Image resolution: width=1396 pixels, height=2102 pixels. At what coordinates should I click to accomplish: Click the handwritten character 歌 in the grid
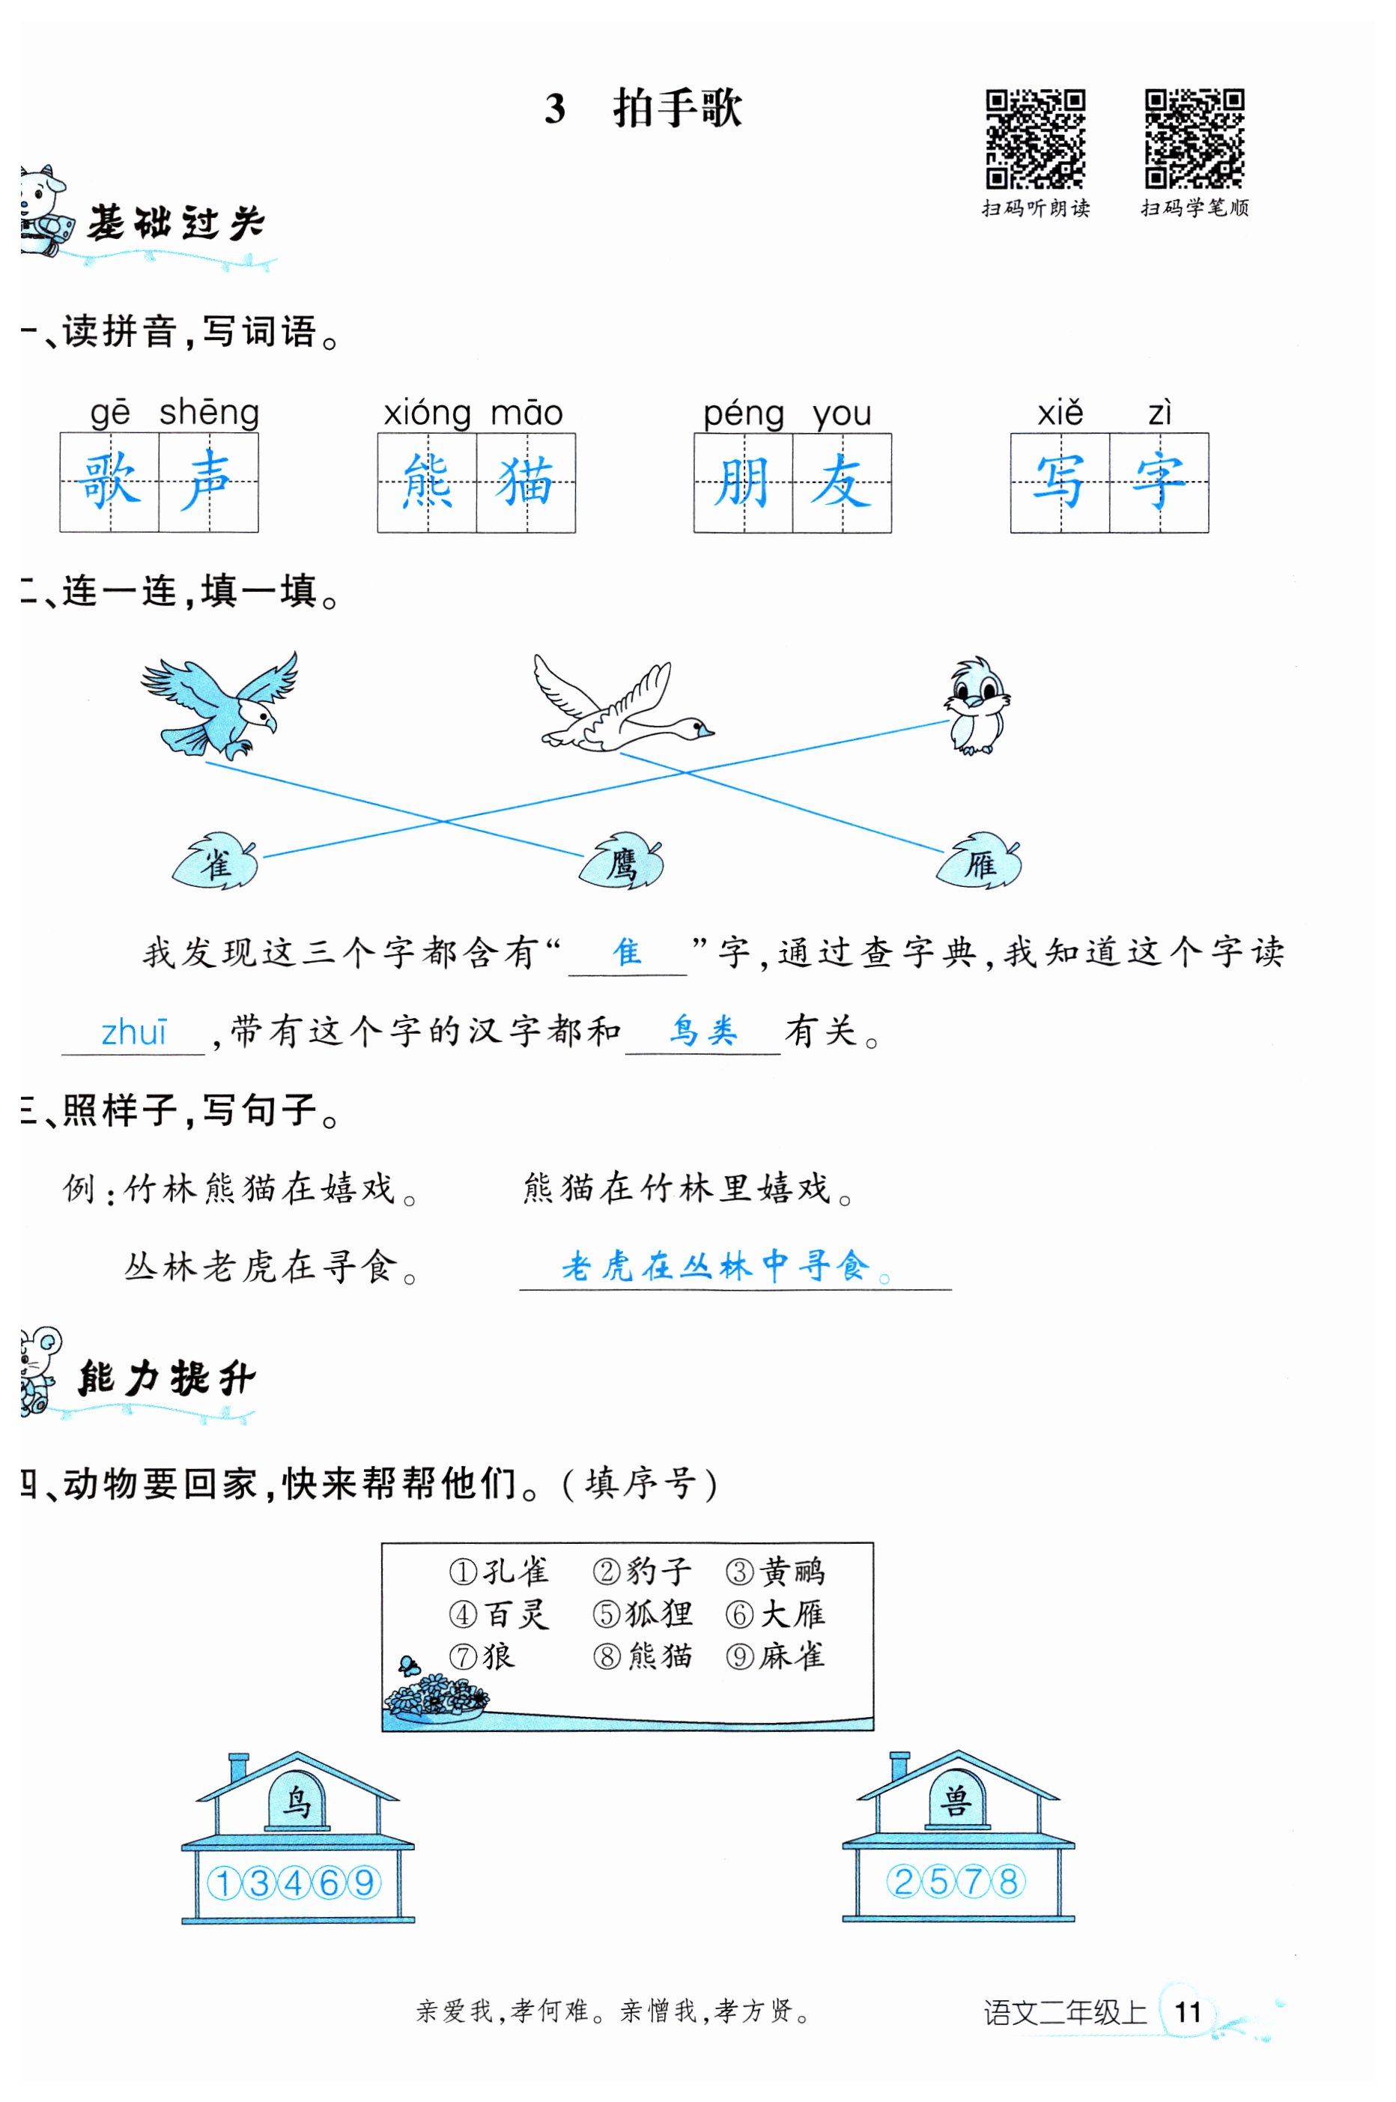pos(109,482)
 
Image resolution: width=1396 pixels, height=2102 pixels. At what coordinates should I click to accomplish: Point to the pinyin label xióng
pos(426,413)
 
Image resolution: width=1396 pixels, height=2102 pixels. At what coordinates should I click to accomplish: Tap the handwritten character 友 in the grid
pos(841,482)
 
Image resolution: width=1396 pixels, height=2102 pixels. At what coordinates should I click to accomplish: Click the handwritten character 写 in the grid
pos(1060,482)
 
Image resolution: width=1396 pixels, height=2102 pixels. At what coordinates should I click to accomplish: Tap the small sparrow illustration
pos(977,706)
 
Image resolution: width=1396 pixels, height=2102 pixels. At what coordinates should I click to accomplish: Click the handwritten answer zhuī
pos(133,1033)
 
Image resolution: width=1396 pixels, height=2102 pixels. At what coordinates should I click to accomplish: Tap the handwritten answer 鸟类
pos(703,1030)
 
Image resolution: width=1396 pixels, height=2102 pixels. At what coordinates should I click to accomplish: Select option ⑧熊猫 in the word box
pos(643,1656)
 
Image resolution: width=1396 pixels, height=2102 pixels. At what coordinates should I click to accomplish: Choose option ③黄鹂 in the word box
pos(775,1572)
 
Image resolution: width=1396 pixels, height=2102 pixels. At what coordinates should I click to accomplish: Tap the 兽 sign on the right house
pos(957,1801)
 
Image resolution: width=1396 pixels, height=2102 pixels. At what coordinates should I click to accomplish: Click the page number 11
pos(1188,2011)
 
